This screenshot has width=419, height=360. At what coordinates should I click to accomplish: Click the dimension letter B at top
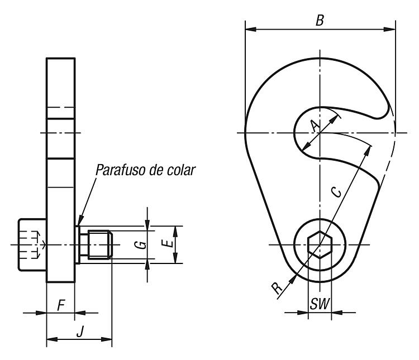(x=320, y=20)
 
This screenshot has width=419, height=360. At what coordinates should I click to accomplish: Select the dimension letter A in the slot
(x=316, y=126)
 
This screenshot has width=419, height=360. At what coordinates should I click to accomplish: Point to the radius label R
(x=277, y=288)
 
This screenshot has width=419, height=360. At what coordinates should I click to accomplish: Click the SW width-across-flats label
(x=320, y=304)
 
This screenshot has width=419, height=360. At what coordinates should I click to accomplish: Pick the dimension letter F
(x=61, y=305)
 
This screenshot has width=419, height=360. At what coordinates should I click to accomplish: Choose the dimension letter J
(x=79, y=332)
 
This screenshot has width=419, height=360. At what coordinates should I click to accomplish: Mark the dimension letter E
(x=168, y=243)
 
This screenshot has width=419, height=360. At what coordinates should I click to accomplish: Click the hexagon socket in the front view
(x=320, y=244)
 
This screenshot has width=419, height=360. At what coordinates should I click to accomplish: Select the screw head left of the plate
(x=32, y=244)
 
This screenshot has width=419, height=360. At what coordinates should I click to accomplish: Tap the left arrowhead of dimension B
(x=251, y=29)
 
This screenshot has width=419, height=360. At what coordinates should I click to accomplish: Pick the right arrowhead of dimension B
(x=389, y=29)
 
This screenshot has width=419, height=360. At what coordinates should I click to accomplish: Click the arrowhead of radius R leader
(x=293, y=279)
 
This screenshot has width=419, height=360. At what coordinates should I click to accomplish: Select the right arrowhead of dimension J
(x=106, y=339)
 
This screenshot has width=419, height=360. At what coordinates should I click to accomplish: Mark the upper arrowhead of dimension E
(x=175, y=231)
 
